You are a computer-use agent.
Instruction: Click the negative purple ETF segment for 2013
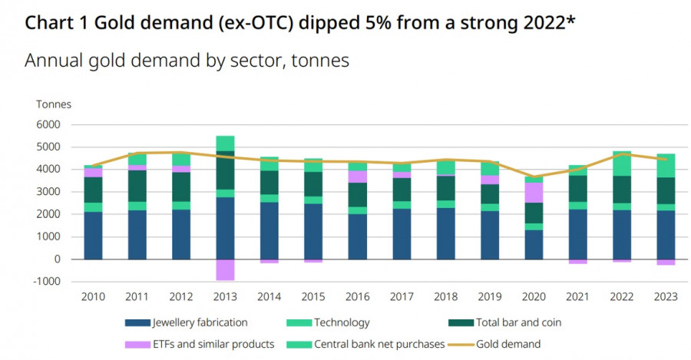[x=225, y=269]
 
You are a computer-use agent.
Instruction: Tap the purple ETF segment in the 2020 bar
[x=534, y=192]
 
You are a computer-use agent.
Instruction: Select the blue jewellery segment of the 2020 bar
[x=534, y=244]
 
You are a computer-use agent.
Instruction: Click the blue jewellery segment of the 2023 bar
[x=665, y=234]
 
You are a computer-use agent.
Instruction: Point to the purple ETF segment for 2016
[x=357, y=177]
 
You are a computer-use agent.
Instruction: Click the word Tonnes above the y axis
[x=53, y=104]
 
